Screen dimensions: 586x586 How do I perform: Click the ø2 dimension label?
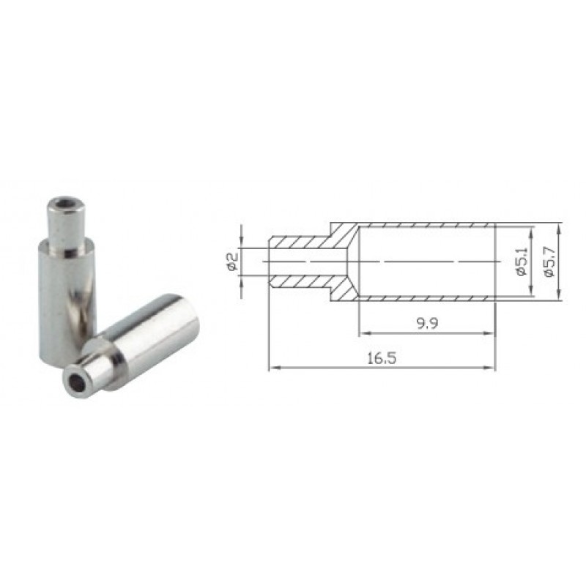click(x=232, y=262)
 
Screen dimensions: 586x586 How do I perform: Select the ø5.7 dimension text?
click(x=549, y=262)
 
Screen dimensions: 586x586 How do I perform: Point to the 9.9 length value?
click(x=427, y=323)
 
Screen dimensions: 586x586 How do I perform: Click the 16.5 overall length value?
click(x=382, y=359)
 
